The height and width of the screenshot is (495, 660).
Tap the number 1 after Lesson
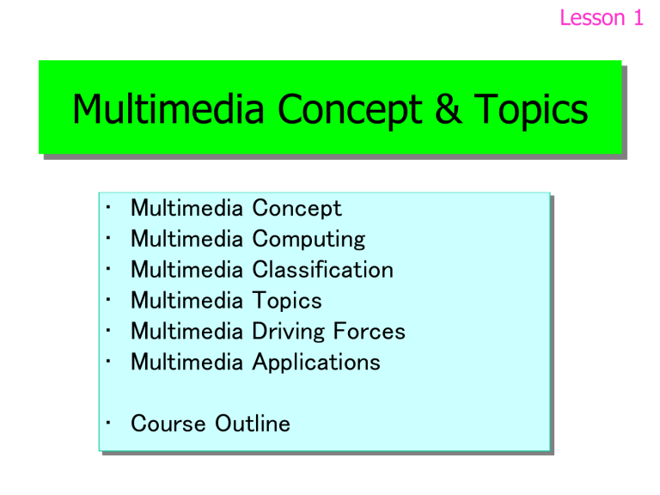pyautogui.click(x=636, y=18)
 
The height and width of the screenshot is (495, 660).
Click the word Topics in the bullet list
pyautogui.click(x=287, y=301)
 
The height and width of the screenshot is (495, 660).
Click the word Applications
pyautogui.click(x=315, y=363)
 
